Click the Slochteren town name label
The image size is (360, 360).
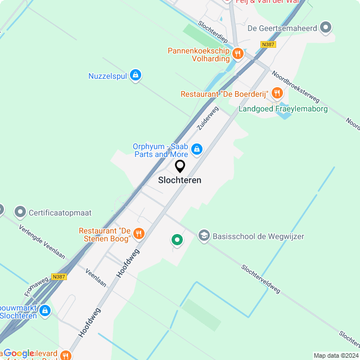tap(179, 181)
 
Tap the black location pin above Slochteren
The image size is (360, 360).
tap(180, 166)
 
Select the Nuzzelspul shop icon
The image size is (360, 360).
tap(135, 75)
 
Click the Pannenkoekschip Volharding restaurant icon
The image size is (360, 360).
tap(238, 54)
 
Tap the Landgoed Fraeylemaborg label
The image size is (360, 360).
tap(283, 109)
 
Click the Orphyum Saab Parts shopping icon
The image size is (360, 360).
tap(196, 149)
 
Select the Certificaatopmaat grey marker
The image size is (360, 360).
tap(20, 212)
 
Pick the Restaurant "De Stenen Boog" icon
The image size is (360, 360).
tap(139, 232)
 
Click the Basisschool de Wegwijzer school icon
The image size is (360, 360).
tap(204, 236)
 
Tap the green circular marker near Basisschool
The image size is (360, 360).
tap(177, 240)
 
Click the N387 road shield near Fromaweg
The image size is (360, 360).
tap(58, 277)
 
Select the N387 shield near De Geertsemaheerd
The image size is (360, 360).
tap(268, 44)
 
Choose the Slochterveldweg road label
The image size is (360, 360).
tap(260, 279)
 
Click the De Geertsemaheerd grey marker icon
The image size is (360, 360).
tap(325, 26)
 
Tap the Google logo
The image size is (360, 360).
tap(18, 354)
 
